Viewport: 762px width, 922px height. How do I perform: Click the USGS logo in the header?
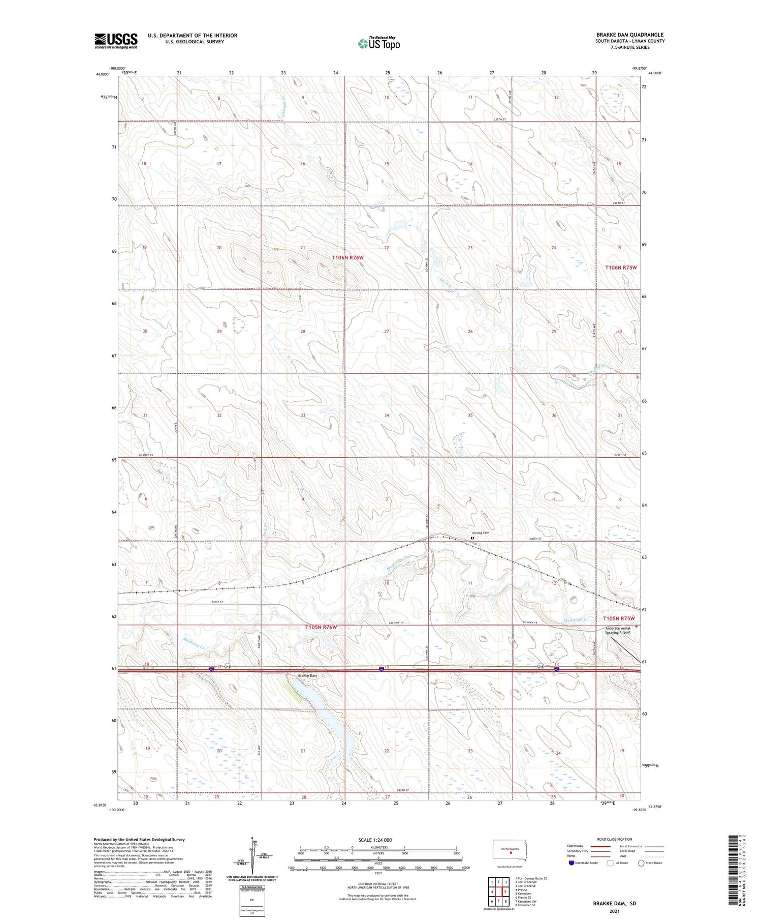tap(116, 41)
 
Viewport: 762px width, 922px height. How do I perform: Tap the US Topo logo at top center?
tap(379, 43)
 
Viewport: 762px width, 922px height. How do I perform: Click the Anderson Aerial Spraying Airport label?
tap(617, 631)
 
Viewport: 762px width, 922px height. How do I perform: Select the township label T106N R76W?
tap(348, 258)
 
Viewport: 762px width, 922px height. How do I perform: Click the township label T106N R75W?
tap(621, 267)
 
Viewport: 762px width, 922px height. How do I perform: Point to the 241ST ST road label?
tap(217, 602)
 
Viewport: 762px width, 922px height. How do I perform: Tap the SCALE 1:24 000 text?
tap(375, 840)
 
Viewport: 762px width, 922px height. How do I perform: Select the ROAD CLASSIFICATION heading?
tap(615, 839)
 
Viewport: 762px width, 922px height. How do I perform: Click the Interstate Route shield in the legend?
tap(572, 863)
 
